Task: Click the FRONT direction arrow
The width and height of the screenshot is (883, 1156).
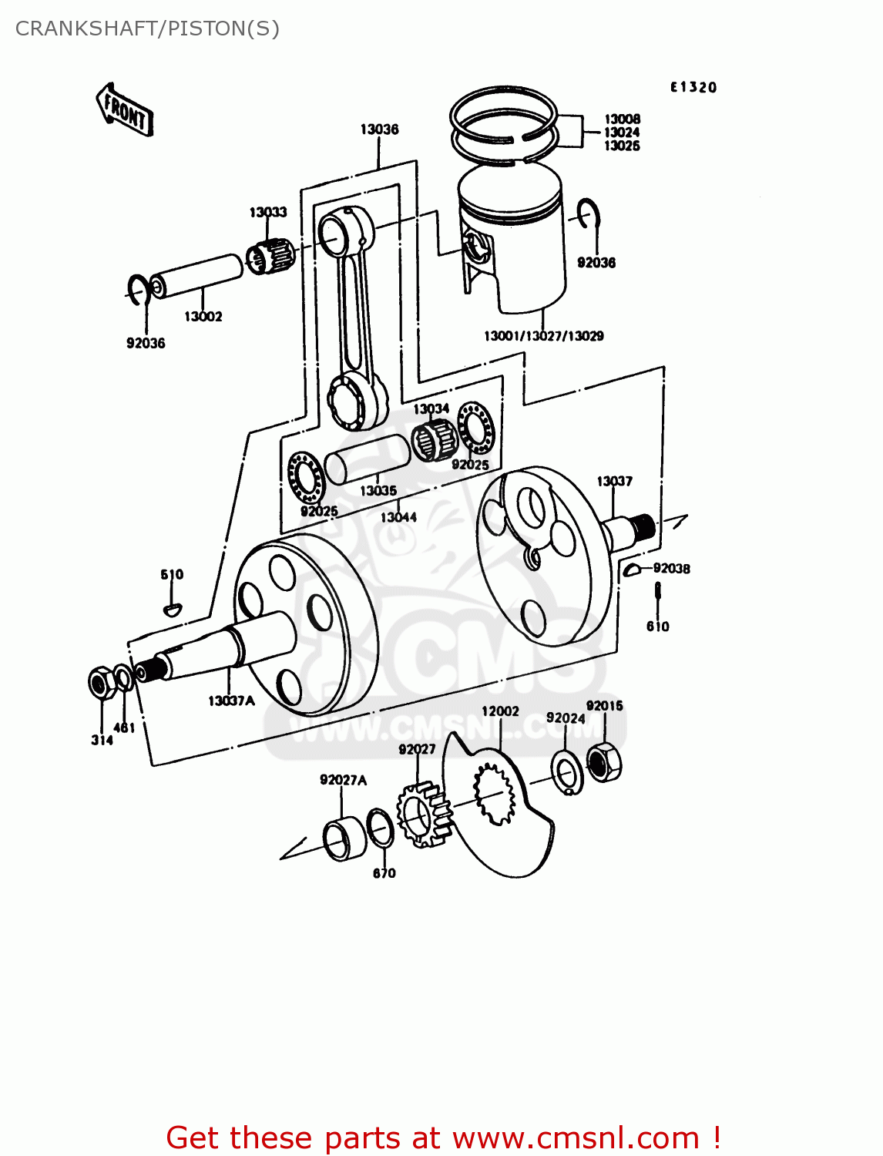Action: (x=125, y=111)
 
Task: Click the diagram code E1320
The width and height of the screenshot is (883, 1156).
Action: (x=693, y=87)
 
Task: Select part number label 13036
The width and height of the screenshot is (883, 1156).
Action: (x=379, y=129)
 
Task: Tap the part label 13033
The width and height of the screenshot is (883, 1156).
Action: (x=267, y=212)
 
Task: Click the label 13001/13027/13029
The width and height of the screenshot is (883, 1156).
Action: (x=543, y=336)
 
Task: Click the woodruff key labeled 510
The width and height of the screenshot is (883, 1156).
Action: (x=173, y=609)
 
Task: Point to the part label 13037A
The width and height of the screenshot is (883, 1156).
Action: (x=230, y=701)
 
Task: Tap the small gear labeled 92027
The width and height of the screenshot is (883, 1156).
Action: (x=422, y=814)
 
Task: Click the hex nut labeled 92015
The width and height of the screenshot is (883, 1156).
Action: (x=604, y=761)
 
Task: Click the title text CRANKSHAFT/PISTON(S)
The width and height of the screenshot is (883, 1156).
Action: (x=147, y=29)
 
